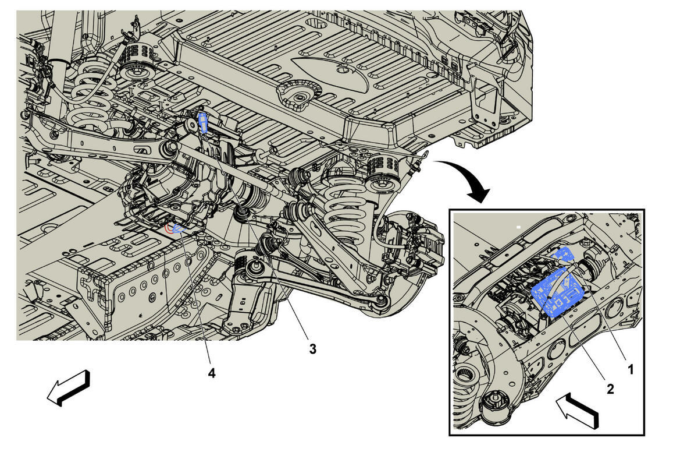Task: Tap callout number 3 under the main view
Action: coord(312,349)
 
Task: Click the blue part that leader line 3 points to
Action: coord(203,122)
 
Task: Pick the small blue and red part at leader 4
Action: coord(175,228)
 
